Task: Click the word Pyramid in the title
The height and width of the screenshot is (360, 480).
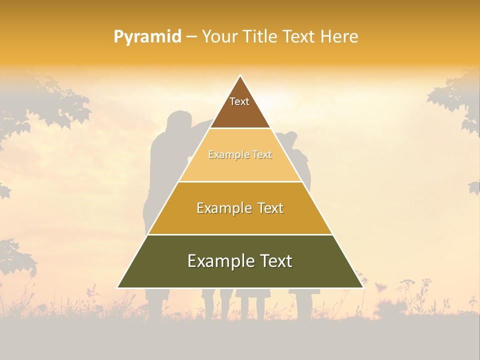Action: pyautogui.click(x=147, y=37)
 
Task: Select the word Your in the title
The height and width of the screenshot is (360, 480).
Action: pyautogui.click(x=220, y=36)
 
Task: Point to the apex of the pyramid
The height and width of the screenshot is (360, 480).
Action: pyautogui.click(x=240, y=76)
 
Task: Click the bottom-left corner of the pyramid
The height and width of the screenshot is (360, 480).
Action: pyautogui.click(x=118, y=287)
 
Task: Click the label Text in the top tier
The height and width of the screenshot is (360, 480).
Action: pyautogui.click(x=239, y=101)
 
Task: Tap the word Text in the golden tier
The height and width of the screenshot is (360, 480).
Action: pyautogui.click(x=268, y=208)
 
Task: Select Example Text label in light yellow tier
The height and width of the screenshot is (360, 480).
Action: pyautogui.click(x=240, y=154)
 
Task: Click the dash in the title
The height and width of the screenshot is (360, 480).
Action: pyautogui.click(x=191, y=37)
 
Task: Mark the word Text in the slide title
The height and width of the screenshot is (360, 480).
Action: pyautogui.click(x=299, y=36)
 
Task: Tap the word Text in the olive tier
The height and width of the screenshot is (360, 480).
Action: pyautogui.click(x=275, y=261)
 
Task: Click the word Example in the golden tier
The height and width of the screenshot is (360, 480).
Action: pyautogui.click(x=222, y=208)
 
